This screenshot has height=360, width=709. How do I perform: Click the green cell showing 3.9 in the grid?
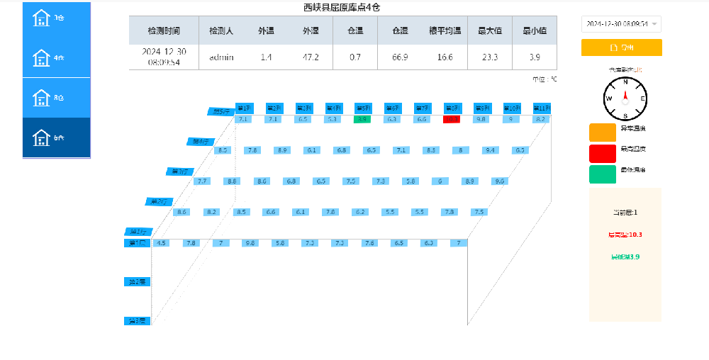tap(362, 120)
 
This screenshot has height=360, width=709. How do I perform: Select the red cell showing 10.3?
tap(452, 120)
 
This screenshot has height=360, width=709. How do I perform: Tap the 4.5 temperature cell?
tap(162, 243)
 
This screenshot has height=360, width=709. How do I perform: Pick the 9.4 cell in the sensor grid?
tap(489, 150)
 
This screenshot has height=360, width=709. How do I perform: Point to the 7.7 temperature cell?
tap(202, 181)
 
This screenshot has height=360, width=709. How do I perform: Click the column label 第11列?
tap(541, 108)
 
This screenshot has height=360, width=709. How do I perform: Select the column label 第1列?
tap(243, 108)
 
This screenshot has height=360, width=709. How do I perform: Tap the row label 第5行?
tap(222, 111)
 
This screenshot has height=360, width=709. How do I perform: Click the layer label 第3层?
tap(136, 321)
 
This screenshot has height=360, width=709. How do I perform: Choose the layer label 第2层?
tap(136, 282)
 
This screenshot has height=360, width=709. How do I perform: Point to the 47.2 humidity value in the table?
tap(311, 57)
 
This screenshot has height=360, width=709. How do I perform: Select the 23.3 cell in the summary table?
tap(489, 57)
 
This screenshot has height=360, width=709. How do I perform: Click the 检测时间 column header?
tap(164, 31)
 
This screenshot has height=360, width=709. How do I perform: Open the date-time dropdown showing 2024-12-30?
tap(621, 24)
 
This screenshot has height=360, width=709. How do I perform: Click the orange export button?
tap(621, 47)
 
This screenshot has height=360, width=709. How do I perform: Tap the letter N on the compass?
tap(625, 82)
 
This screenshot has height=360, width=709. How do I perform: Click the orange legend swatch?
tap(602, 132)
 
